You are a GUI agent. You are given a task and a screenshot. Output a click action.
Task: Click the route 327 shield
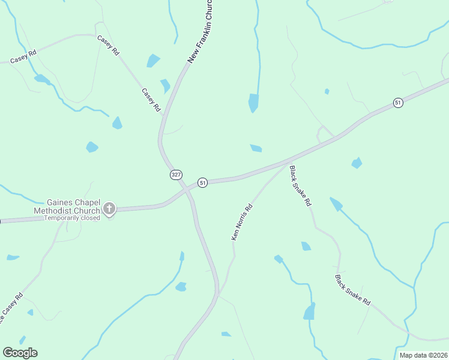175,175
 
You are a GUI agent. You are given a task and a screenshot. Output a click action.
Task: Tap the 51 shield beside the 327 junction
203,182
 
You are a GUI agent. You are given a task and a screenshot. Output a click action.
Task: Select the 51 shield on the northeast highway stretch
398,103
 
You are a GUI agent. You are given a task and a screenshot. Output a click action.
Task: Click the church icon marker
109,208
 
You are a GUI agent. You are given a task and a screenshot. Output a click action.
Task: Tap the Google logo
20,353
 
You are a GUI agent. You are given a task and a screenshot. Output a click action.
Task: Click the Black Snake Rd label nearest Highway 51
300,186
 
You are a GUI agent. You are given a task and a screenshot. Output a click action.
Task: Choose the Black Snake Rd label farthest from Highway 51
352,290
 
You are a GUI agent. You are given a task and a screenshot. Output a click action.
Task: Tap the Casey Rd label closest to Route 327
151,100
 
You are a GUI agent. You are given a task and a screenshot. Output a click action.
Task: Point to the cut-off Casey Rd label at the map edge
11,308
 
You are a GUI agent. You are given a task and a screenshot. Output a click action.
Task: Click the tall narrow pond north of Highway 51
254,103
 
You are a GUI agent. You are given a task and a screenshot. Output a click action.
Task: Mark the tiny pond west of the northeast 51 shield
327,91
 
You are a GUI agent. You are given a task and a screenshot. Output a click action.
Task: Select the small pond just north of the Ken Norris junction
256,148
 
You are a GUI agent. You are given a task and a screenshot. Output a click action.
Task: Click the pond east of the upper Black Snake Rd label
357,163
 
